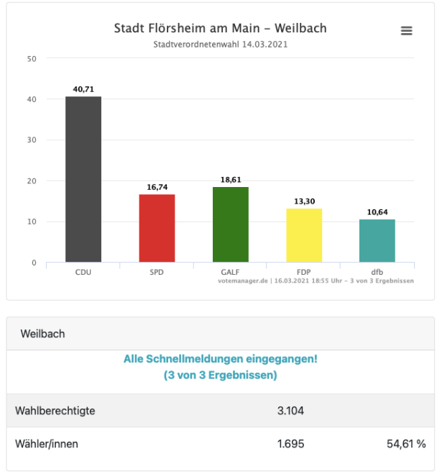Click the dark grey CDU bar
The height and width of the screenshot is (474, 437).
tap(83, 180)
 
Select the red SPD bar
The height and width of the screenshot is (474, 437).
tap(157, 228)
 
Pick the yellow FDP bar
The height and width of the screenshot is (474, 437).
tap(304, 235)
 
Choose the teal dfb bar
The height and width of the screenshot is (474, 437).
tap(377, 241)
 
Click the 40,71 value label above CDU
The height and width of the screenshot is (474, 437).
tap(83, 90)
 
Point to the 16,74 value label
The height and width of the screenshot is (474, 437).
tap(157, 187)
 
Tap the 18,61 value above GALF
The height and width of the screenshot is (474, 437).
tap(231, 180)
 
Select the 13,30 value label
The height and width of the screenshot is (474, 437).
tap(304, 201)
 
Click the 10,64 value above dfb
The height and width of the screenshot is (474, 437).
tap(377, 212)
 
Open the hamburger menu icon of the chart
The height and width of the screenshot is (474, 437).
tap(407, 31)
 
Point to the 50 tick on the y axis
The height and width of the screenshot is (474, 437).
tap(32, 59)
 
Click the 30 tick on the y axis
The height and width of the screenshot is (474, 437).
tap(32, 140)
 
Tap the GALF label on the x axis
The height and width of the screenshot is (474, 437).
tap(231, 273)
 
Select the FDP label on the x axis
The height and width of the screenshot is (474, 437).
tap(304, 273)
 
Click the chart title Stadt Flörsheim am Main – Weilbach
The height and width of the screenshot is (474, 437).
tap(220, 29)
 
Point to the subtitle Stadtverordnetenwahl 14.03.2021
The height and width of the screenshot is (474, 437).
tap(221, 45)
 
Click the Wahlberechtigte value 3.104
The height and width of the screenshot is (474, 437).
tap(291, 411)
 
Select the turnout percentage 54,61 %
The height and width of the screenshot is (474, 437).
tap(406, 444)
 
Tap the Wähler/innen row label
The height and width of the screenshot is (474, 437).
tap(47, 444)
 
